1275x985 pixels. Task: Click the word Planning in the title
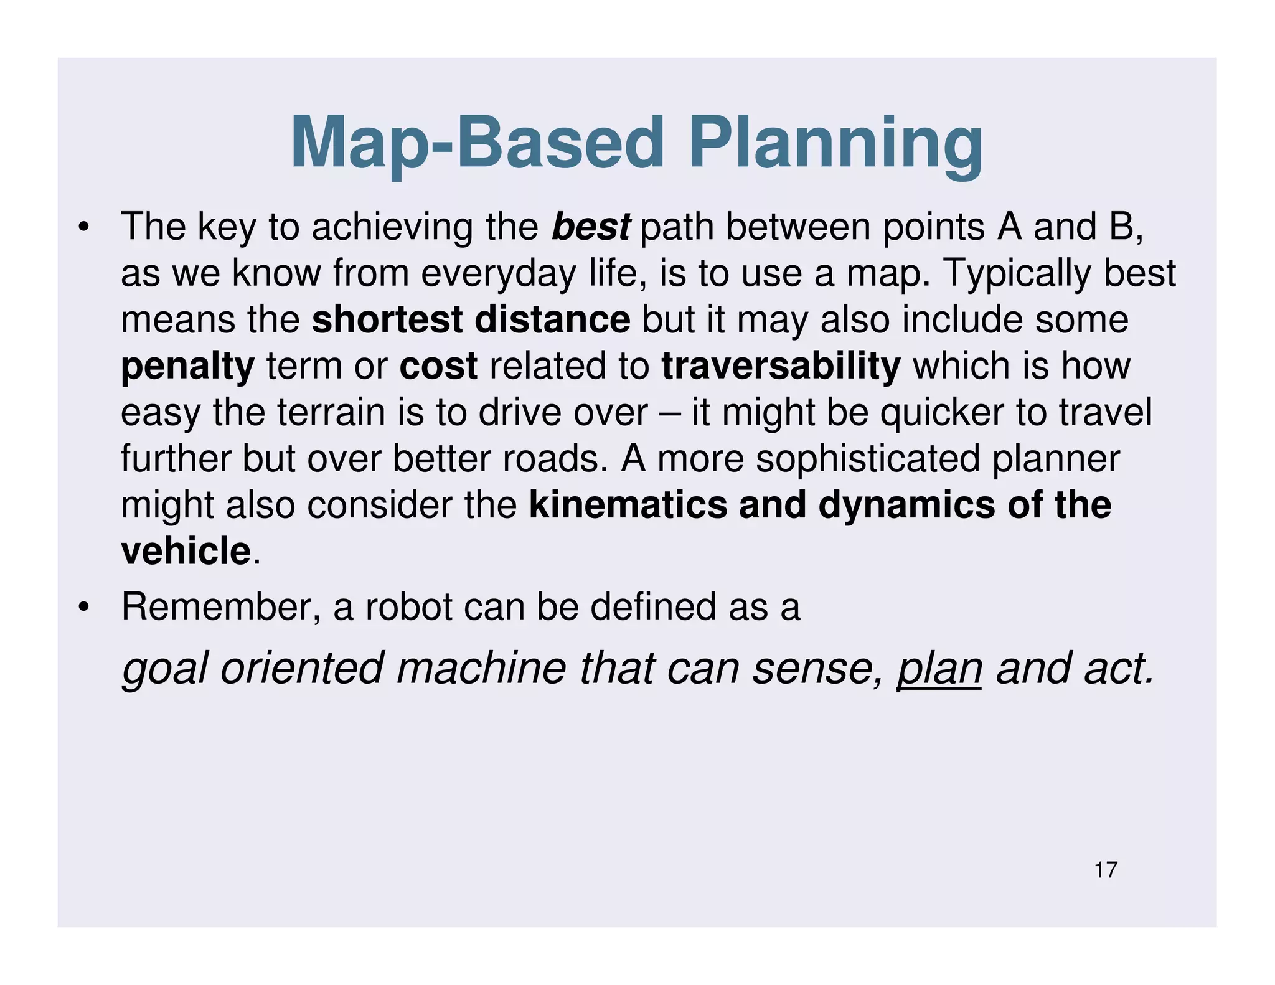835,144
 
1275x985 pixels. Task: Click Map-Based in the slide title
477,144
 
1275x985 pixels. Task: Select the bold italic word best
591,227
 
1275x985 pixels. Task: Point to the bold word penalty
187,367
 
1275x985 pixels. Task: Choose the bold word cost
438,365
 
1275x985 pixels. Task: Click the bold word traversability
781,366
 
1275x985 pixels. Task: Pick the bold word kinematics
628,504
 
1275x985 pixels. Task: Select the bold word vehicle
186,551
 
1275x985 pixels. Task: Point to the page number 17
1106,870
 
